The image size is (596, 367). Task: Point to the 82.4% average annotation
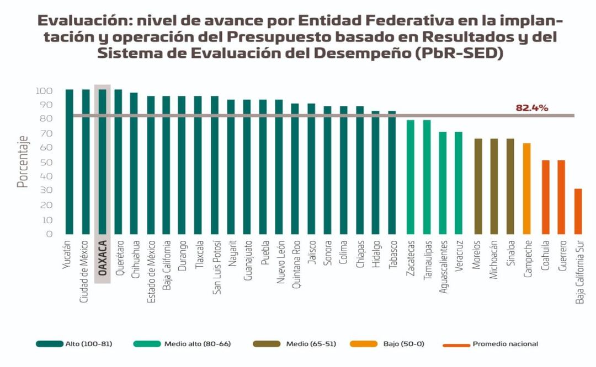pos(531,108)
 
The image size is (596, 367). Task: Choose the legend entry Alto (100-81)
pos(74,344)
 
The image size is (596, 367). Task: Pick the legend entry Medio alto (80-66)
pos(182,344)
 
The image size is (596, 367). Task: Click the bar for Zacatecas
pos(410,177)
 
